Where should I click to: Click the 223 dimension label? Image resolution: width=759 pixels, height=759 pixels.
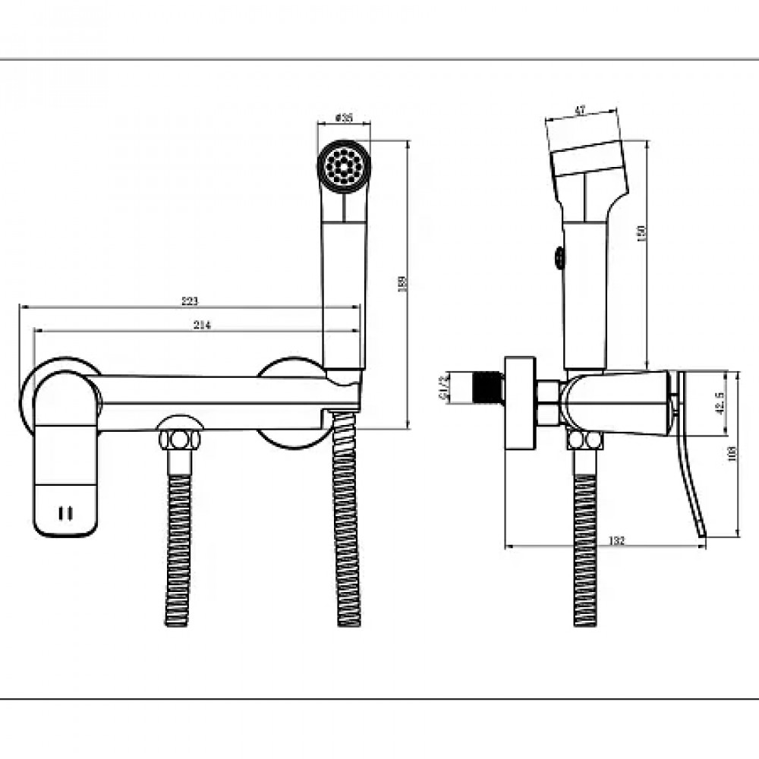190,301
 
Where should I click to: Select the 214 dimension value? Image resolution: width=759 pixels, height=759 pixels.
201,325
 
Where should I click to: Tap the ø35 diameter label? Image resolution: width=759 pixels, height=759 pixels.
345,118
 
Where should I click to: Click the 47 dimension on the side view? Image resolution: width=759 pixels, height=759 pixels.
580,111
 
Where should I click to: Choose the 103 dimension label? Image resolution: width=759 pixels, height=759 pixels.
732,454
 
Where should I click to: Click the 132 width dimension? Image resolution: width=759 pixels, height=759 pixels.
616,540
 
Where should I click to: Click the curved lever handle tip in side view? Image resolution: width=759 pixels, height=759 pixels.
701,528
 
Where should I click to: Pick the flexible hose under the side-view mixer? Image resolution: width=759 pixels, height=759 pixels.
585,546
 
